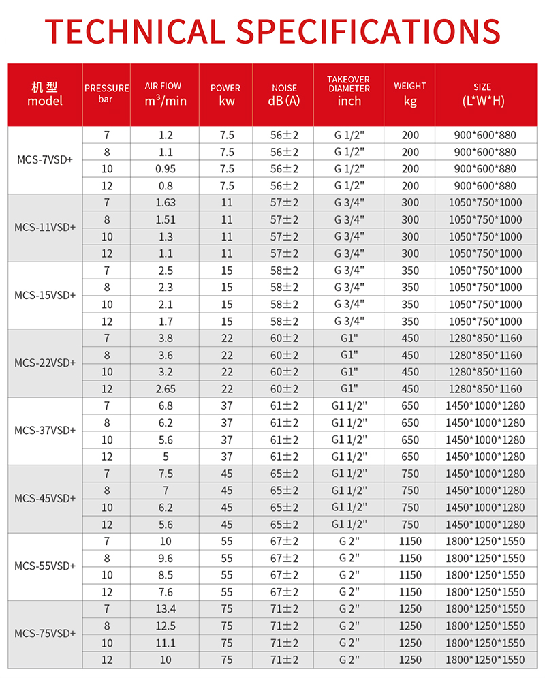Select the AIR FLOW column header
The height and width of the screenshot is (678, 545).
pyautogui.click(x=165, y=94)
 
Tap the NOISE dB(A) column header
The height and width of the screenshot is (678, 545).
pyautogui.click(x=284, y=95)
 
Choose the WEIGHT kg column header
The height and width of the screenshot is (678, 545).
pyautogui.click(x=410, y=94)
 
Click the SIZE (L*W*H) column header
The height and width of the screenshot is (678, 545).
pyautogui.click(x=482, y=94)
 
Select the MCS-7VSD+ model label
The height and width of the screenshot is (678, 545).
pyautogui.click(x=45, y=160)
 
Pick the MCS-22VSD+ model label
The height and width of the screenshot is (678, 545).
pyautogui.click(x=45, y=363)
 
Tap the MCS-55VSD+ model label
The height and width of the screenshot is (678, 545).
pyautogui.click(x=45, y=566)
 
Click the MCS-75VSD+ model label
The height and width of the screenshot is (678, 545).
pyautogui.click(x=45, y=634)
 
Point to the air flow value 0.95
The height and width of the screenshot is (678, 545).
pyautogui.click(x=165, y=169)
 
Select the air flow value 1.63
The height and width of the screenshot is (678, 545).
pyautogui.click(x=165, y=202)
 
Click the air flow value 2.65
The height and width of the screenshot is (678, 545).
pyautogui.click(x=165, y=388)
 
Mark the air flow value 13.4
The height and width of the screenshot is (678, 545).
pyautogui.click(x=165, y=608)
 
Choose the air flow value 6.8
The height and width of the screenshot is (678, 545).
pyautogui.click(x=165, y=405)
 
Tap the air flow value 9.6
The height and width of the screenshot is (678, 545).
pyautogui.click(x=165, y=558)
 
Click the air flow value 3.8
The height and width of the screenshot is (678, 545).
pyautogui.click(x=165, y=338)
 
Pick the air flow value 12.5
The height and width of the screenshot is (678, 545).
pyautogui.click(x=165, y=626)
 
